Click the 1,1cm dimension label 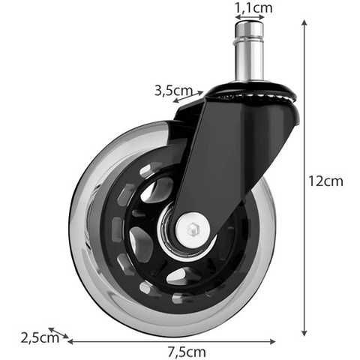click(253, 8)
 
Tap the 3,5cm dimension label click(171, 91)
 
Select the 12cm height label click(325, 181)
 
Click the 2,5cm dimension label click(40, 337)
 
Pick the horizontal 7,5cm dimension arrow click(172, 341)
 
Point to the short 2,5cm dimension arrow click(58, 333)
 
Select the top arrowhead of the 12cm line click(304, 22)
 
